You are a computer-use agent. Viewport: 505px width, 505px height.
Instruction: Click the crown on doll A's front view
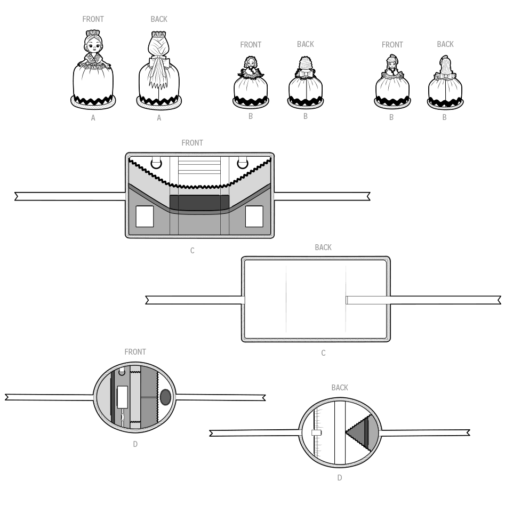[93, 33]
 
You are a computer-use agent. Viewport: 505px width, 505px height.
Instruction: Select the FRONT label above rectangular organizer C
[193, 143]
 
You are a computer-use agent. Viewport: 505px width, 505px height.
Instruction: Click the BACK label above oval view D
[340, 388]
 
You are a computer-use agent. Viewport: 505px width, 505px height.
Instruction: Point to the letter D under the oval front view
[135, 444]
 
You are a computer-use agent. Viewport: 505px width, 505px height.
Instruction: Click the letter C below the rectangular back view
[323, 353]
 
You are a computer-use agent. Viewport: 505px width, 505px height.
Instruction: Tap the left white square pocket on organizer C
[145, 217]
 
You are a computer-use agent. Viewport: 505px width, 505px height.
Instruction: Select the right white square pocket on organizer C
[254, 217]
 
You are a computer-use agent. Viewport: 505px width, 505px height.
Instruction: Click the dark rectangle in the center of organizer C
[199, 203]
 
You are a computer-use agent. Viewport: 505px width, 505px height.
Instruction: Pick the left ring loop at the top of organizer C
[156, 163]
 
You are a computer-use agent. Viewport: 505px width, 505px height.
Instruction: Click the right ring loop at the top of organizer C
[243, 163]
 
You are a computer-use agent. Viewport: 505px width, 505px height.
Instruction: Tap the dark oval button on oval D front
[165, 397]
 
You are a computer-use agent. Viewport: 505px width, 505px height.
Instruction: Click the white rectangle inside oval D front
[123, 397]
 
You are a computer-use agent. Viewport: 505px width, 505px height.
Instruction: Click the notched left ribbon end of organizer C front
[17, 196]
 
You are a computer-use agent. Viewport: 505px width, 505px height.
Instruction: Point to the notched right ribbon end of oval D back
[468, 432]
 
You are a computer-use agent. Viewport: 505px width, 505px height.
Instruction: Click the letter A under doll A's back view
[159, 118]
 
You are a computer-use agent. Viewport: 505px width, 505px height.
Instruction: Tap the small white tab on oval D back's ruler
[317, 433]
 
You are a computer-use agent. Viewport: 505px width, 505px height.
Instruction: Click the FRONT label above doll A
[93, 19]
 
